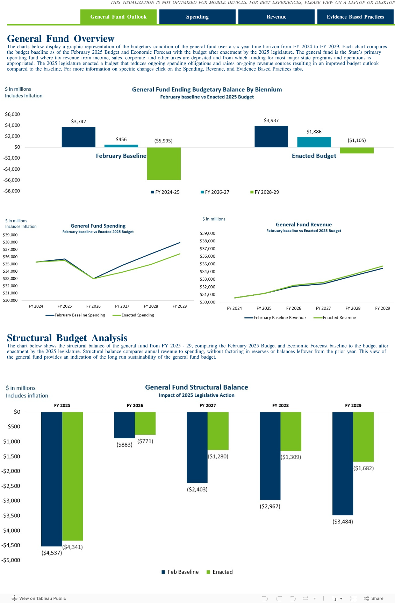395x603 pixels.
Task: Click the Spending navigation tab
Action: [x=197, y=17]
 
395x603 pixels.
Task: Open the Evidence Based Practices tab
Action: [x=355, y=17]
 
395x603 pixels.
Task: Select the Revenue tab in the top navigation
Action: [x=276, y=17]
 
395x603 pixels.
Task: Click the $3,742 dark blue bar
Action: [x=79, y=137]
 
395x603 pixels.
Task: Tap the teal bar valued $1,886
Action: [x=314, y=142]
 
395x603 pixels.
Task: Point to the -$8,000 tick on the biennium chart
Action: [x=12, y=191]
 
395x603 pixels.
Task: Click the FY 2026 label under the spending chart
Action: [x=93, y=306]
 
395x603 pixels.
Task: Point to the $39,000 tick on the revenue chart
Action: [x=207, y=233]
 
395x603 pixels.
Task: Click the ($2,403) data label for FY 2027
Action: [x=197, y=490]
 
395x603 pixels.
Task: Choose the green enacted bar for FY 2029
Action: [x=363, y=436]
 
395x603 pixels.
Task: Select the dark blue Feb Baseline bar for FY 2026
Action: [x=124, y=425]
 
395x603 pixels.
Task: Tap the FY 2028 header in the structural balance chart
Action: [x=280, y=405]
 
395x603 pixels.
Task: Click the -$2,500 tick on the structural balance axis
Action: [x=11, y=486]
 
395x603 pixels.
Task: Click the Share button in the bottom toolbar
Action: [x=374, y=598]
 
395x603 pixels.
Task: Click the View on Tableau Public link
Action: [x=39, y=598]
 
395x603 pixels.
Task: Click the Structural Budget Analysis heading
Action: [x=67, y=338]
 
